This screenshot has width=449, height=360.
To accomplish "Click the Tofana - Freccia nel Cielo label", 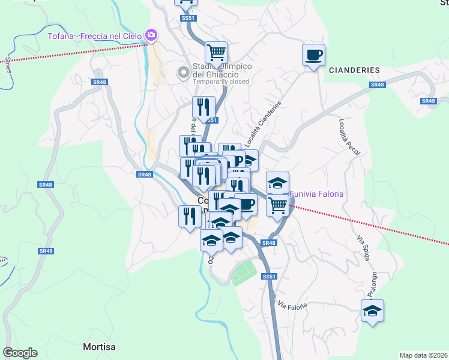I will pyautogui.click(x=96, y=36).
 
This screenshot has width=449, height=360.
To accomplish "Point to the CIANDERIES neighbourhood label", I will pyautogui.click(x=354, y=70).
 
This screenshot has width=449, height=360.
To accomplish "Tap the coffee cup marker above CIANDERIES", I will pyautogui.click(x=313, y=55).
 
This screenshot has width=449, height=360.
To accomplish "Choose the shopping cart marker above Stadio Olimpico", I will pyautogui.click(x=216, y=52).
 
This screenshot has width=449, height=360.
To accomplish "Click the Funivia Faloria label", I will pyautogui.click(x=317, y=194).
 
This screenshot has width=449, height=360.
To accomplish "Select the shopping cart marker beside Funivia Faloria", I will pyautogui.click(x=277, y=205).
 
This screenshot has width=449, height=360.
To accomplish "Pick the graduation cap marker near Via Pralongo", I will pyautogui.click(x=372, y=311).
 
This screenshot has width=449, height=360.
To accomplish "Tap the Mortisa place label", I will pyautogui.click(x=99, y=347).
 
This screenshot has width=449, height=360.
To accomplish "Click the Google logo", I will pyautogui.click(x=20, y=353).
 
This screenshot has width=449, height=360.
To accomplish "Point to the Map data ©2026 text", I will pyautogui.click(x=424, y=355).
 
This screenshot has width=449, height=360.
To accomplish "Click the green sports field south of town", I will pyautogui.click(x=244, y=273).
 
